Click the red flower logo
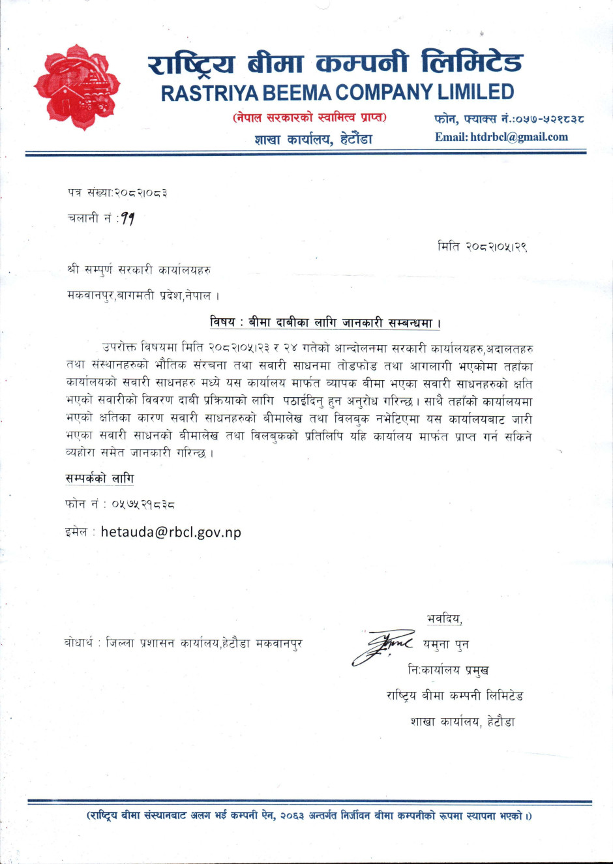pyautogui.click(x=77, y=87)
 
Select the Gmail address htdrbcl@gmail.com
pyautogui.click(x=518, y=137)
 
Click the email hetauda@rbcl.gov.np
pyautogui.click(x=170, y=532)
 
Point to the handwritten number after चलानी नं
pyautogui.click(x=127, y=219)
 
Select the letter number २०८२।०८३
pyautogui.click(x=141, y=193)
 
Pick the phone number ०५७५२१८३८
pyautogui.click(x=143, y=503)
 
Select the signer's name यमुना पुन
pyautogui.click(x=445, y=644)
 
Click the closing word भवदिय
pyautogui.click(x=444, y=619)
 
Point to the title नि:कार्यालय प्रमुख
pyautogui.click(x=448, y=670)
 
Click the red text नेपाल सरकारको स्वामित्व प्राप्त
pyautogui.click(x=309, y=118)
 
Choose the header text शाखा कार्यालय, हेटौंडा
pyautogui.click(x=313, y=139)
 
